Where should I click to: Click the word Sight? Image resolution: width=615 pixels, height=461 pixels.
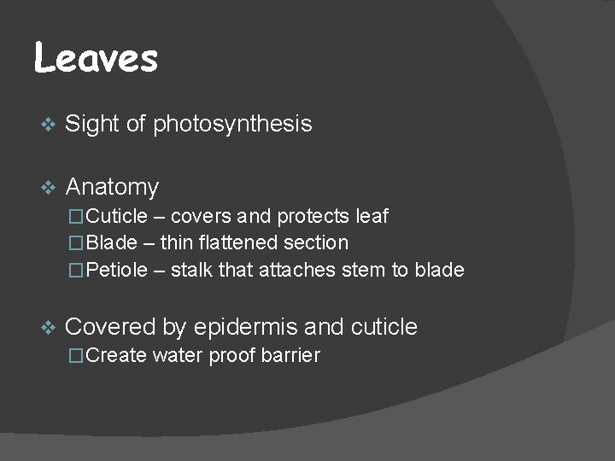(x=91, y=125)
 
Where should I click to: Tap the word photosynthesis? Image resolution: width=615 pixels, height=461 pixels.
(x=232, y=125)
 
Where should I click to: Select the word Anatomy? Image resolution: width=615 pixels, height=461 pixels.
(x=112, y=186)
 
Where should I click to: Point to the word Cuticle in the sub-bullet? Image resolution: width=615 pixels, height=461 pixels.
(x=116, y=215)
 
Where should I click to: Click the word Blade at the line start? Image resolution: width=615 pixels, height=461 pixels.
(x=112, y=243)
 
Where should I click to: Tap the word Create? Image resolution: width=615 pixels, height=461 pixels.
(x=116, y=355)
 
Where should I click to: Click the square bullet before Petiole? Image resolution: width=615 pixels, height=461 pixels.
(x=77, y=271)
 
